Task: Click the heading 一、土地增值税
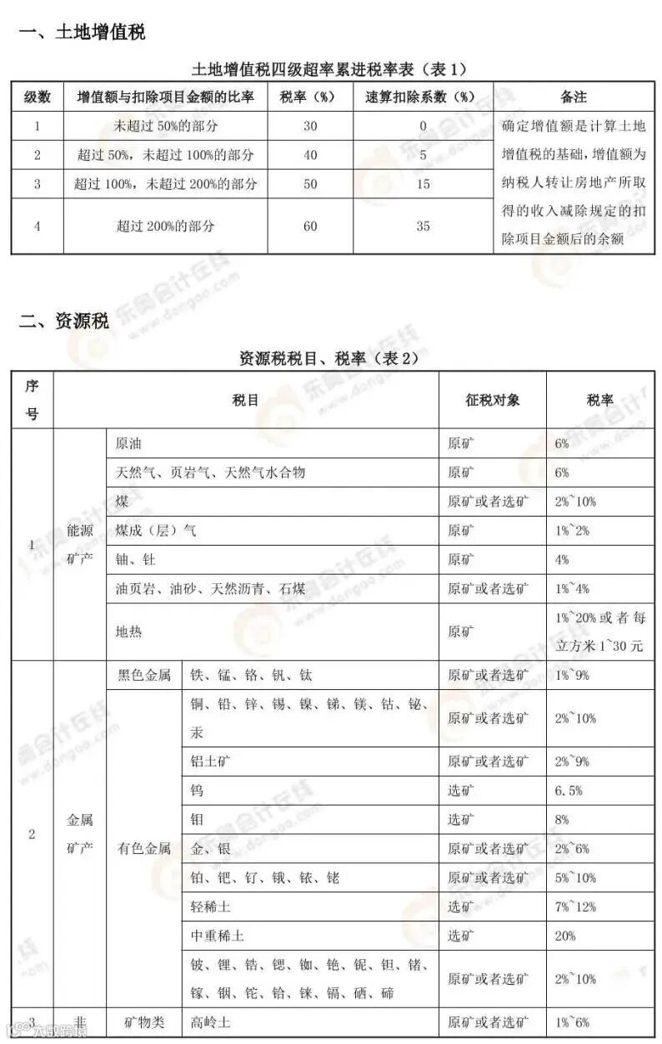pyautogui.click(x=82, y=32)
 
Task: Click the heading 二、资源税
pyautogui.click(x=64, y=322)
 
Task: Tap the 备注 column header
pyautogui.click(x=574, y=97)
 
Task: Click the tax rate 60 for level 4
pyautogui.click(x=310, y=226)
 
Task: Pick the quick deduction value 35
pyautogui.click(x=423, y=226)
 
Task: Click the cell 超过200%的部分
pyautogui.click(x=165, y=226)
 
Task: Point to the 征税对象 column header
pyautogui.click(x=492, y=400)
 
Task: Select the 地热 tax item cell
pyautogui.click(x=128, y=632)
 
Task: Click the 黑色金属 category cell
pyautogui.click(x=143, y=675)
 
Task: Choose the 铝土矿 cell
pyautogui.click(x=208, y=762)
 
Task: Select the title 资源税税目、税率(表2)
pyautogui.click(x=328, y=358)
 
